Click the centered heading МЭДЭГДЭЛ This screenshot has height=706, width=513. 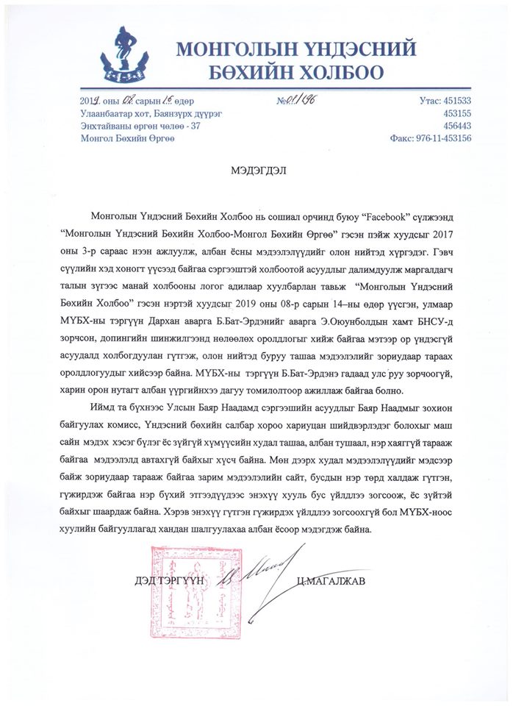coord(256,168)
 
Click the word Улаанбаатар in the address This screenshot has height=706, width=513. coord(108,114)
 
